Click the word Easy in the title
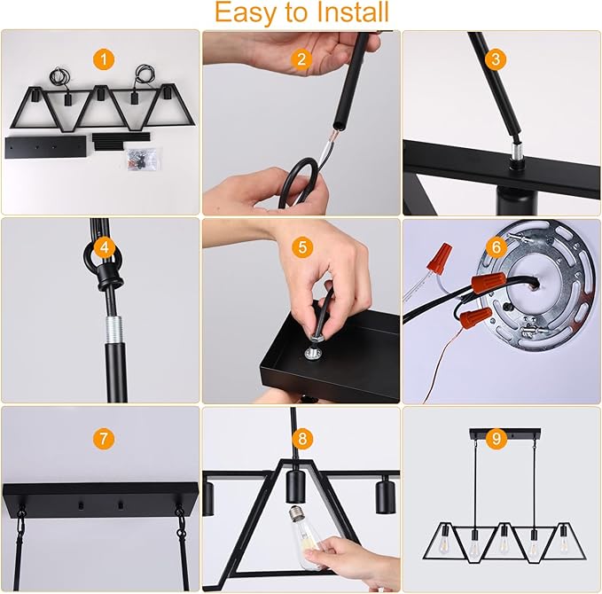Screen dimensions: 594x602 coord(243,13)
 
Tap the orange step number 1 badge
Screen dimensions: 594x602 coord(105,59)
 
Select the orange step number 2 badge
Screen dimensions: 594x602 coord(302,59)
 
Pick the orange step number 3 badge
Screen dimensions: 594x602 coord(496,59)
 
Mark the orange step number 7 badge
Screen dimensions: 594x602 coord(105,438)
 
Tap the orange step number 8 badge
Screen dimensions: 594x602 coord(302,438)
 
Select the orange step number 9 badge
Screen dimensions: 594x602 coord(496,437)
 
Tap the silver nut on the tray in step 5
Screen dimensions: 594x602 coord(314,353)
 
